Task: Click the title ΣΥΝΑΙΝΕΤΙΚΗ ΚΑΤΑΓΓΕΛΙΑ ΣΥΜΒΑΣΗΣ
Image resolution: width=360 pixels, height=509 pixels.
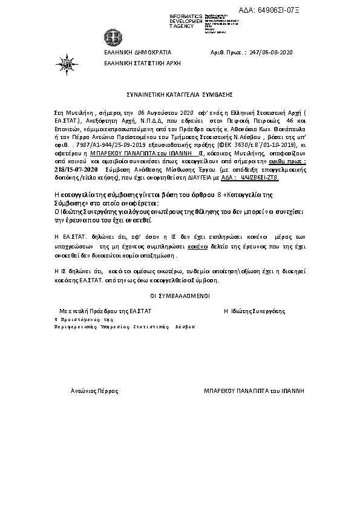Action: click(180, 95)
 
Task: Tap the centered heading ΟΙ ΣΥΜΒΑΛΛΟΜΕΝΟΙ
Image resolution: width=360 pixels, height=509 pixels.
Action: click(180, 296)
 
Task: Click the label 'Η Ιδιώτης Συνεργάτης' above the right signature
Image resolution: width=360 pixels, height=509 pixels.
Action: click(254, 311)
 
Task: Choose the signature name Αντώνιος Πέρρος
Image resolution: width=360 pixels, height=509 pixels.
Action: click(91, 391)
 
